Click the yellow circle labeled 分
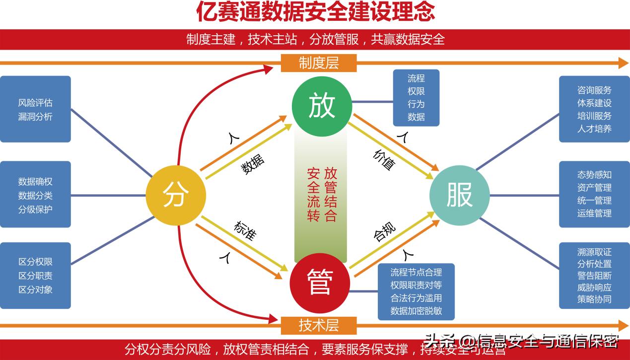point(176,195)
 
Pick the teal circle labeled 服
point(459,195)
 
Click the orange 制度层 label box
point(319,63)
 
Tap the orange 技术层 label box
point(319,325)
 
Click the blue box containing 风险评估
point(35,109)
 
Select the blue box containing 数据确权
point(35,195)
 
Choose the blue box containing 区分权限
point(35,276)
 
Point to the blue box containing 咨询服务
point(594,109)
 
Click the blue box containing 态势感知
point(594,195)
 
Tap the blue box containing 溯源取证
point(594,276)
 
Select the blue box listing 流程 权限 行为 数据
point(416,98)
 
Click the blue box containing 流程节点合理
point(416,291)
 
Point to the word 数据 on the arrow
point(253,164)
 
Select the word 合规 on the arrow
point(385,232)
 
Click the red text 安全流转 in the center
point(313,195)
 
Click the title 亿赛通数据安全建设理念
point(316,12)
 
